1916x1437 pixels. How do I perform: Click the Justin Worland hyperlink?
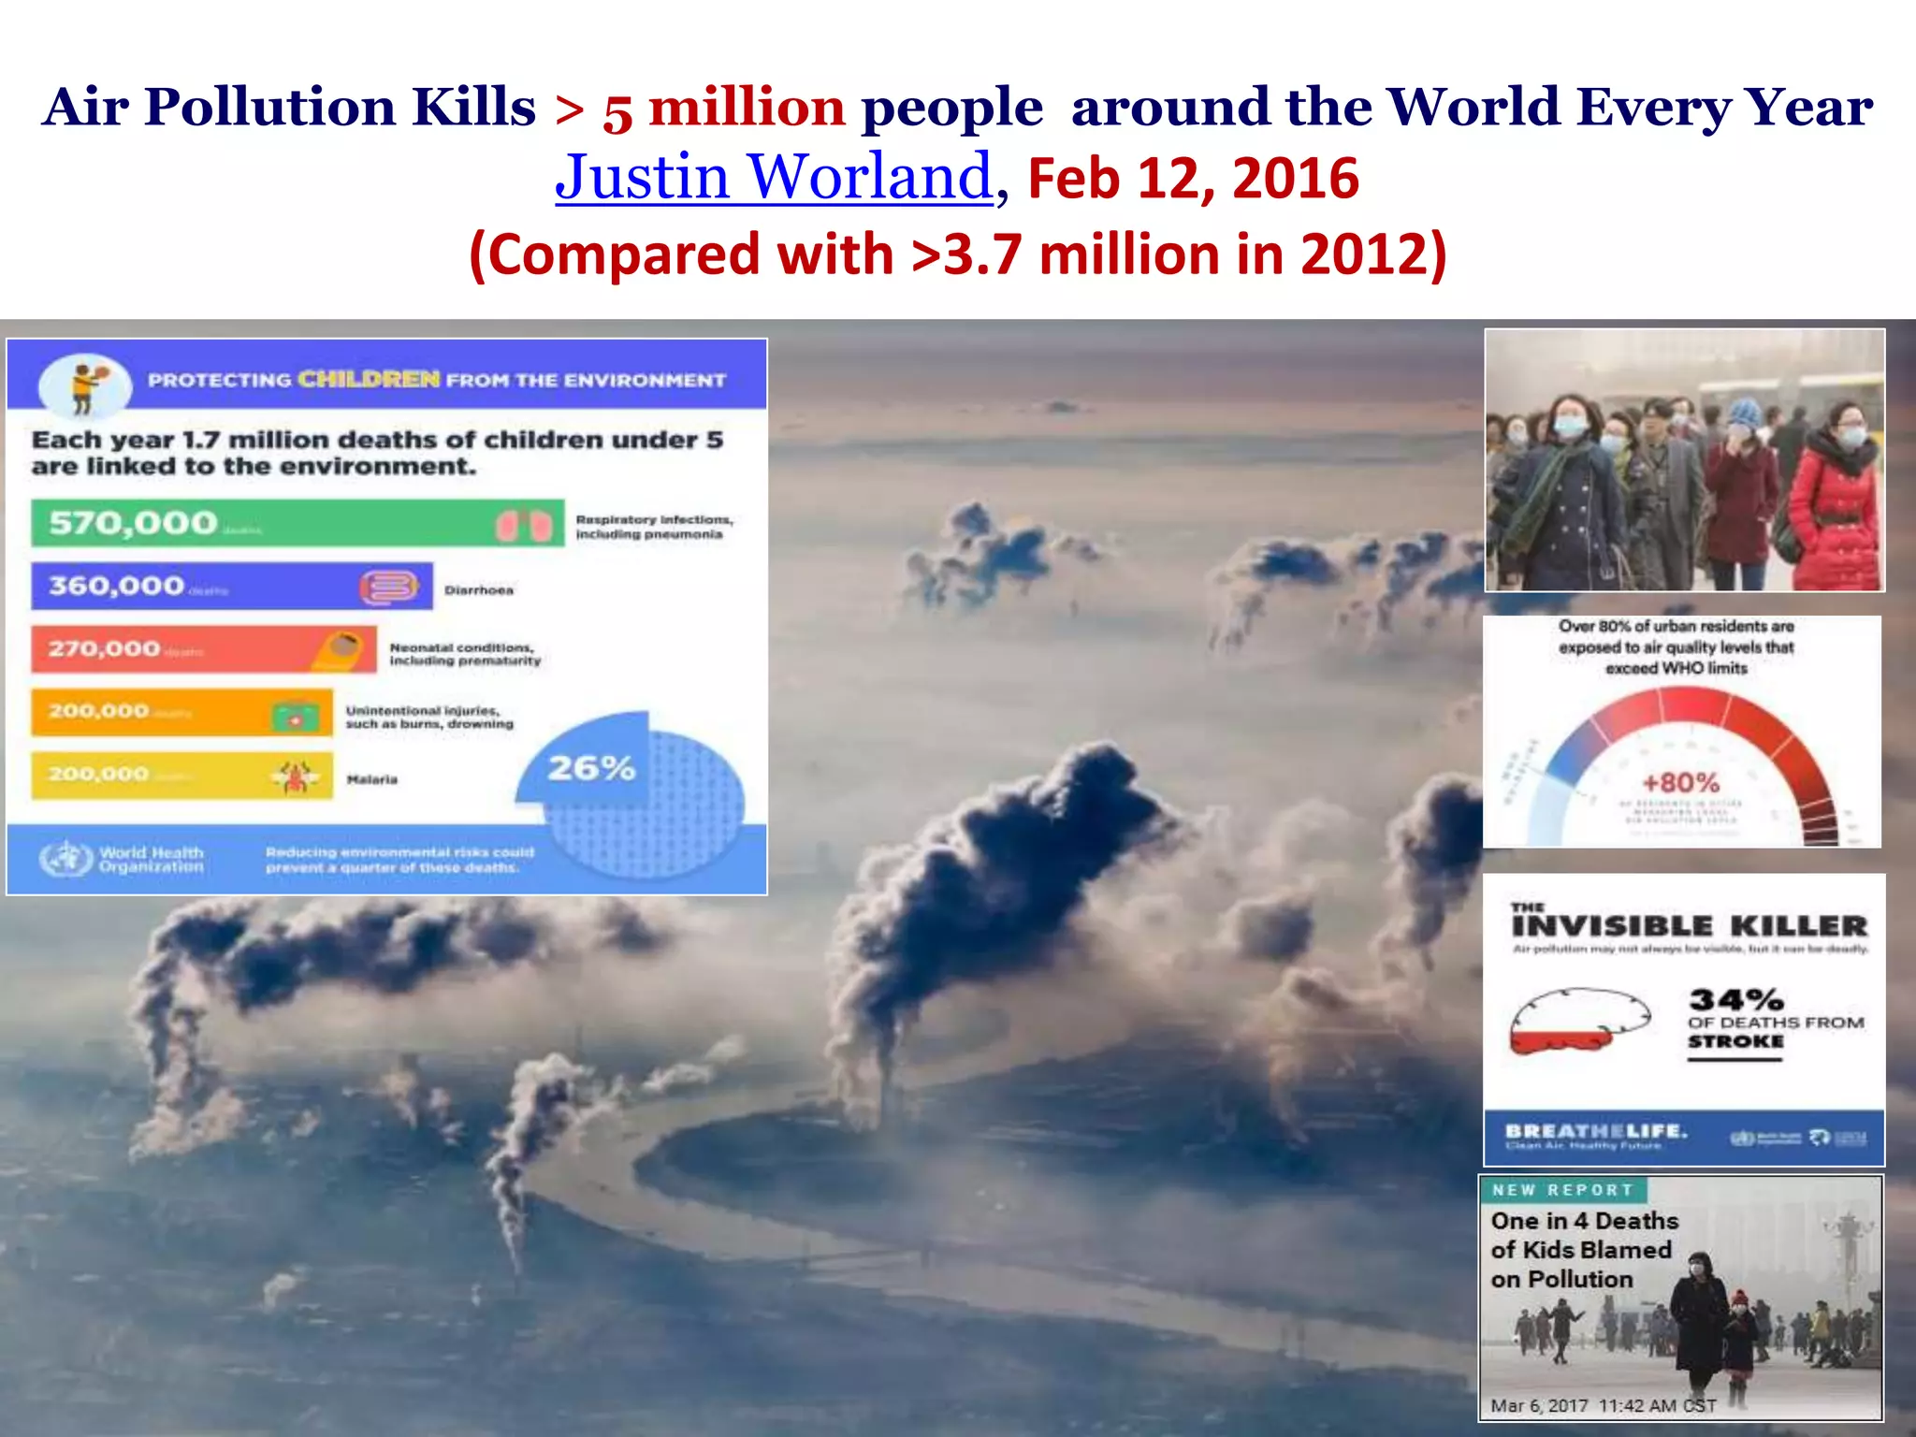click(x=773, y=177)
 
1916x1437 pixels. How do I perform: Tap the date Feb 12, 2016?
click(x=1193, y=179)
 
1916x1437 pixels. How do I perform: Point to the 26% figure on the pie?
click(x=591, y=769)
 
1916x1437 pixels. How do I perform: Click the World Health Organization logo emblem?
click(x=65, y=858)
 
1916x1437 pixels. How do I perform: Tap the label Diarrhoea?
click(x=478, y=590)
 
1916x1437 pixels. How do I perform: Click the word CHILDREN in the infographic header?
click(x=369, y=379)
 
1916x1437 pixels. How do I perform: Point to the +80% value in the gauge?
click(x=1681, y=782)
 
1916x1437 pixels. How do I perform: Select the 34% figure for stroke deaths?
click(x=1735, y=999)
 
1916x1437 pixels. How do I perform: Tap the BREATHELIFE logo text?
click(x=1595, y=1131)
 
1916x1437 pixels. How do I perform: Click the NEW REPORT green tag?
click(x=1561, y=1190)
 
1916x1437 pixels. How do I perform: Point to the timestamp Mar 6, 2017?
click(x=1539, y=1405)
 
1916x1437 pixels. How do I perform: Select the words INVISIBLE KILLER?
click(x=1689, y=926)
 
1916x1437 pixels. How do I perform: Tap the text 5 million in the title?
click(x=724, y=109)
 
